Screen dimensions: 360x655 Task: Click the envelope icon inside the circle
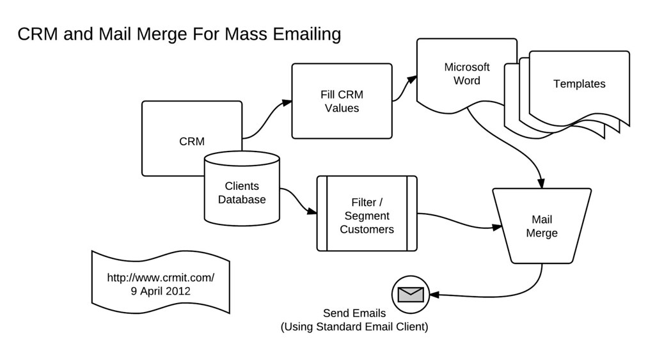click(410, 295)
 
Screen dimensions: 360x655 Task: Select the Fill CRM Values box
click(342, 101)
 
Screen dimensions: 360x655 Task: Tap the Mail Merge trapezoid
click(541, 226)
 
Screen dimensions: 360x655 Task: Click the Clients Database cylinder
click(242, 192)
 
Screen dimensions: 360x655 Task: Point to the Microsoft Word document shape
click(466, 74)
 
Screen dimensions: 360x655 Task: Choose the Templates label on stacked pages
click(579, 84)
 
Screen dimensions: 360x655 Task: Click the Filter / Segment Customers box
click(367, 215)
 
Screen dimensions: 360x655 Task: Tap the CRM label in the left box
click(191, 141)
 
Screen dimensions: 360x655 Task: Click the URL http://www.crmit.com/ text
click(161, 278)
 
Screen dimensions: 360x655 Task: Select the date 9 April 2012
click(161, 291)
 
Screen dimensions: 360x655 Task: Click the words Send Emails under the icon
click(354, 313)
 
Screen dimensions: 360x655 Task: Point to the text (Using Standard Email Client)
click(354, 327)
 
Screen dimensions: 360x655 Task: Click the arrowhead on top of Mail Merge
click(541, 183)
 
